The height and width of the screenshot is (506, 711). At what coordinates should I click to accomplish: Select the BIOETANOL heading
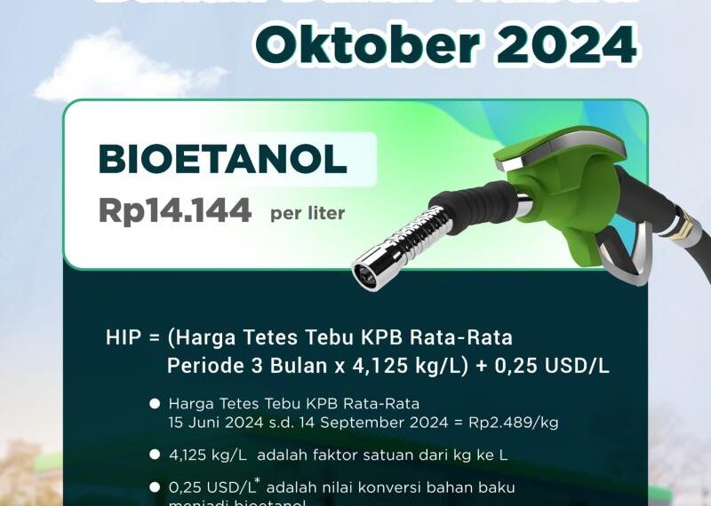[x=222, y=160]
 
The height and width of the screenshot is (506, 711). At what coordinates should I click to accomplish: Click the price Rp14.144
[x=174, y=211]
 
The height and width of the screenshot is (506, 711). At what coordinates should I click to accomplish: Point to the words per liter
[x=308, y=214]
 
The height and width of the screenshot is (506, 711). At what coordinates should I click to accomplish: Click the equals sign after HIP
[x=154, y=339]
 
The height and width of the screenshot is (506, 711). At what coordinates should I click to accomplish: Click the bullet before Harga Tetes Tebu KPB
[x=155, y=404]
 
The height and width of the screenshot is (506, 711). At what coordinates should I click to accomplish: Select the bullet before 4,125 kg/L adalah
[x=155, y=455]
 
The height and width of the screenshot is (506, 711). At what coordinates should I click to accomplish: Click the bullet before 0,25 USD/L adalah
[x=155, y=487]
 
